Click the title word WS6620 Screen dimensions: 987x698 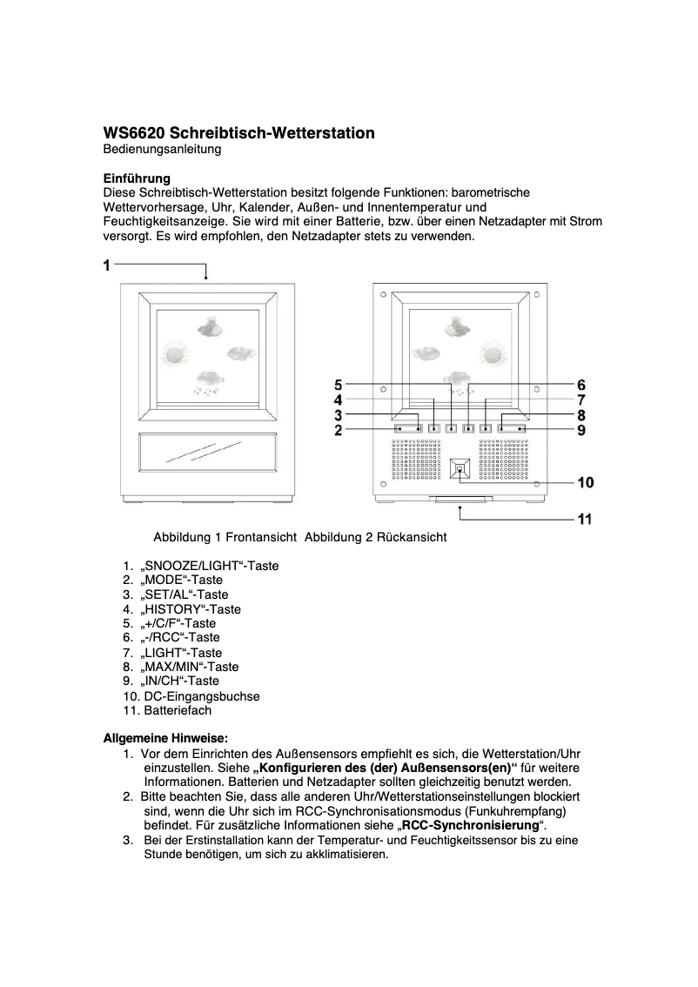[x=134, y=133]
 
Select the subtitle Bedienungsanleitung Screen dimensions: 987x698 [x=162, y=150]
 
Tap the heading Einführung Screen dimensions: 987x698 [x=137, y=178]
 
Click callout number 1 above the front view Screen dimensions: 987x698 [x=107, y=265]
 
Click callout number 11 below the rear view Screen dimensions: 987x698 [x=585, y=520]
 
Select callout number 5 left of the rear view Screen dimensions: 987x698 [x=339, y=384]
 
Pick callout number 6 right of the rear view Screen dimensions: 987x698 [x=581, y=385]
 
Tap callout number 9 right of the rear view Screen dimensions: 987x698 [x=581, y=430]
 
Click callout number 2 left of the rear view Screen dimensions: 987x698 [x=339, y=430]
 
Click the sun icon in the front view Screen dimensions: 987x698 [x=177, y=355]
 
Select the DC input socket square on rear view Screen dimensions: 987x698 [x=460, y=470]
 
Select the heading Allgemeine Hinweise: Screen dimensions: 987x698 [x=166, y=738]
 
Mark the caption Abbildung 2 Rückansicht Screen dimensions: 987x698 [x=375, y=537]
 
